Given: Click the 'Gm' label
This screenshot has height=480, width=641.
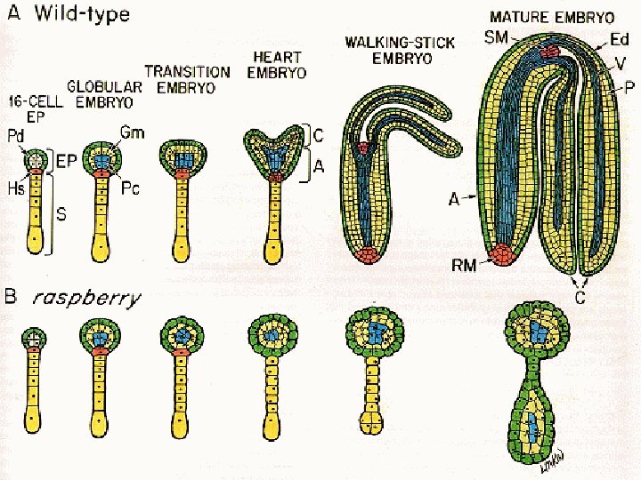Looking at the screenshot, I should (x=126, y=132).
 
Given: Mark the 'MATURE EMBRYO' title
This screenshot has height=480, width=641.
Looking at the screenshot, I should (x=552, y=17).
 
